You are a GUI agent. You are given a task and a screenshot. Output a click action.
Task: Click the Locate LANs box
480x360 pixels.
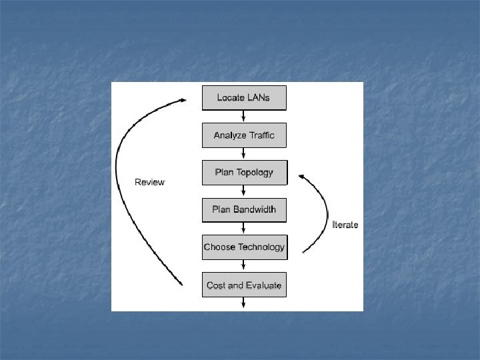tap(244, 97)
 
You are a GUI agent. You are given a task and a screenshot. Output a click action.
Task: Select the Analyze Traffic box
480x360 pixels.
tap(244, 135)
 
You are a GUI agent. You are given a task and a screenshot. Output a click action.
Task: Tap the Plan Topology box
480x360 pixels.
tap(244, 173)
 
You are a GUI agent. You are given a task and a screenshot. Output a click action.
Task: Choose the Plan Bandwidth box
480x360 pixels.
tap(244, 210)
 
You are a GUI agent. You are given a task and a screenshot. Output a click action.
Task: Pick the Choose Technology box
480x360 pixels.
tap(244, 247)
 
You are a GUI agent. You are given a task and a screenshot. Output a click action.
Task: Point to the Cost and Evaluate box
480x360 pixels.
tap(244, 285)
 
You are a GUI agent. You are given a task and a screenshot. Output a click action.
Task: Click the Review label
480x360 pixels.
tap(149, 182)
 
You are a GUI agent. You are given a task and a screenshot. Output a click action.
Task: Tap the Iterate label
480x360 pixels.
tap(345, 225)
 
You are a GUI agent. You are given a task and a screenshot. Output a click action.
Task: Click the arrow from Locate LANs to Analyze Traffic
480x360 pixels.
tap(244, 116)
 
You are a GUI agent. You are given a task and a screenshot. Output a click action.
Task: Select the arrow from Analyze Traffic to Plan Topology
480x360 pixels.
tap(244, 154)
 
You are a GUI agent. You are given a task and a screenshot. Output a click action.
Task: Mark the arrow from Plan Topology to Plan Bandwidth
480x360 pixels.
tap(244, 191)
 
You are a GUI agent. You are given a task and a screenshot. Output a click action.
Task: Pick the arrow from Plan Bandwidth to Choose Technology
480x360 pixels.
tap(244, 229)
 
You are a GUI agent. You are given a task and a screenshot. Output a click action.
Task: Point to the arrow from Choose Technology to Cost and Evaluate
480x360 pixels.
tap(244, 266)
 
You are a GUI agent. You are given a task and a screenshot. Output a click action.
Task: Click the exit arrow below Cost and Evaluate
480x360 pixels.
tap(244, 303)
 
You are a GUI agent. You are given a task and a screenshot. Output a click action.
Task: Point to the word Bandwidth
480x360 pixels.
tap(255, 210)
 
